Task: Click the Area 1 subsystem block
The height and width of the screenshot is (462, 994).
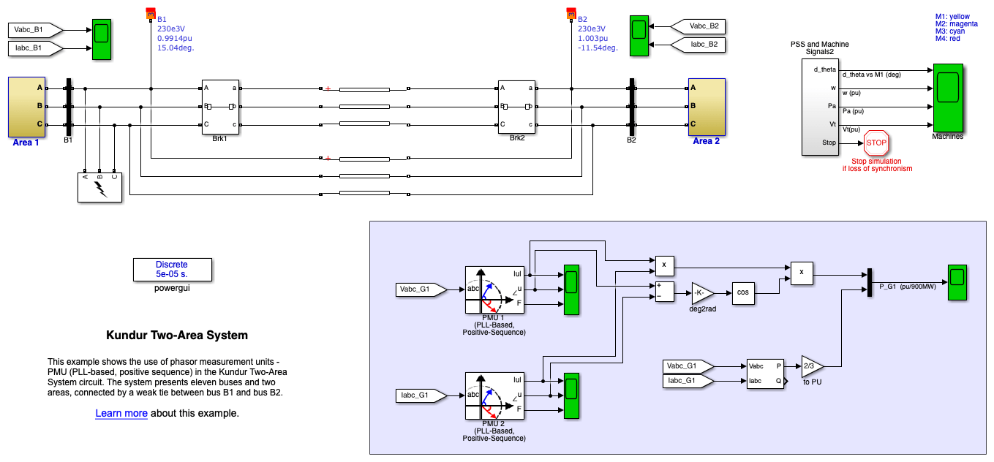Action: (x=26, y=107)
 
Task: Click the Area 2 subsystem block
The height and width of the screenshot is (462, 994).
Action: (x=707, y=107)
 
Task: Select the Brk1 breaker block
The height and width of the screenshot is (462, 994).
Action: (x=220, y=107)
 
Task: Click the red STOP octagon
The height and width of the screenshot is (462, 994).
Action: (x=876, y=143)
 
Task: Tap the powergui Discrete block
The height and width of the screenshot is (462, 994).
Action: (x=172, y=269)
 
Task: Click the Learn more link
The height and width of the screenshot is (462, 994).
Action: (x=121, y=414)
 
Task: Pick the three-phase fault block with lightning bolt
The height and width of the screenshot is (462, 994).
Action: (x=100, y=187)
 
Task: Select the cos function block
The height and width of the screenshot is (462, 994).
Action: (x=743, y=293)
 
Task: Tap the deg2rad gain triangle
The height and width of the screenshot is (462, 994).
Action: (x=702, y=293)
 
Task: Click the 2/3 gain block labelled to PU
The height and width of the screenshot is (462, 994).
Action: (x=811, y=366)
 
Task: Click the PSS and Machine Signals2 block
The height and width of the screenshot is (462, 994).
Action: (x=820, y=107)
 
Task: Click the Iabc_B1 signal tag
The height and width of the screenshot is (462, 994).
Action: (x=34, y=48)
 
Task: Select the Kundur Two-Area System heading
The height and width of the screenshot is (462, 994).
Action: (x=177, y=336)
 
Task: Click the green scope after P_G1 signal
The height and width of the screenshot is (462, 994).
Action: (x=957, y=281)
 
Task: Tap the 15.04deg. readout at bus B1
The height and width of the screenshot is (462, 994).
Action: (x=176, y=48)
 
